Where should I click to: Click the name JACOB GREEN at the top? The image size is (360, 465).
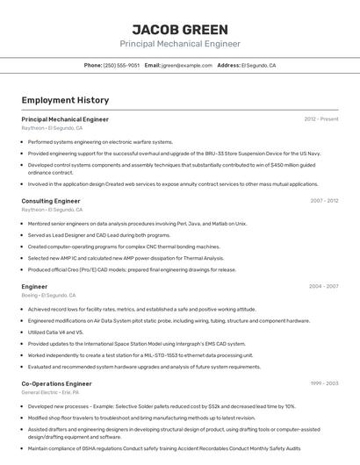pyautogui.click(x=179, y=29)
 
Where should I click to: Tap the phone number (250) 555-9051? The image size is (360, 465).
pyautogui.click(x=121, y=65)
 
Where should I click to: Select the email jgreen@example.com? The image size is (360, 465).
pyautogui.click(x=185, y=65)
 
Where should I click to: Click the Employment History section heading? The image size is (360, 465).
pyautogui.click(x=65, y=100)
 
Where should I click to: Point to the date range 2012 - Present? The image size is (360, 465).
pyautogui.click(x=321, y=118)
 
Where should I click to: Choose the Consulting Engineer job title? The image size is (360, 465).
pyautogui.click(x=51, y=201)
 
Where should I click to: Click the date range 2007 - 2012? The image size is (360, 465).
pyautogui.click(x=323, y=201)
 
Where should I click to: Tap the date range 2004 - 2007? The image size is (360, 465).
pyautogui.click(x=323, y=286)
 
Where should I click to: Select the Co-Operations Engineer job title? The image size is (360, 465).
pyautogui.click(x=56, y=383)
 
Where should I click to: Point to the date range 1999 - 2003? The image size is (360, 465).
pyautogui.click(x=324, y=383)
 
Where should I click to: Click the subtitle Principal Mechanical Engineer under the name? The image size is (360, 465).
pyautogui.click(x=179, y=44)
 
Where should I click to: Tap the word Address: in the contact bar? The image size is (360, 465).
pyautogui.click(x=228, y=65)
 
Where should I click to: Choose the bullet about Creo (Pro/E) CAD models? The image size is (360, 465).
pyautogui.click(x=132, y=270)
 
